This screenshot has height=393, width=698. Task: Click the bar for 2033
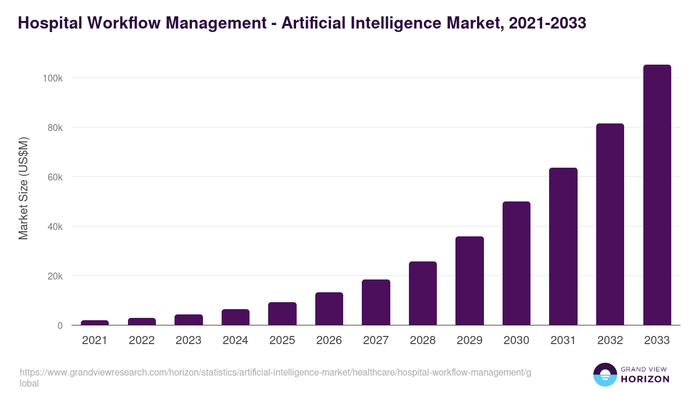(657, 195)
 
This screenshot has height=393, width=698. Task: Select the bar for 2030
(517, 263)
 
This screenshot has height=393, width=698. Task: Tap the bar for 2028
(423, 293)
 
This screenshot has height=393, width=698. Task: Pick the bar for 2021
(95, 323)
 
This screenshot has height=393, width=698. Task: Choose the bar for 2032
(610, 224)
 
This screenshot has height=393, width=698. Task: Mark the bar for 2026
(329, 309)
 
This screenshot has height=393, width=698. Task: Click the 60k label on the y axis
(55, 177)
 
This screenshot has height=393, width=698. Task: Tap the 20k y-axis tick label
(55, 276)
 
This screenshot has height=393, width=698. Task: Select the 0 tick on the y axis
(60, 325)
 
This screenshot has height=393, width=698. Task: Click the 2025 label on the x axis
(282, 341)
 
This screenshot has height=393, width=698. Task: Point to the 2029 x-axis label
(469, 341)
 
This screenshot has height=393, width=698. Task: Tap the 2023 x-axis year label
(188, 341)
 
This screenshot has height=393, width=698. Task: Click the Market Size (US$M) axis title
(23, 189)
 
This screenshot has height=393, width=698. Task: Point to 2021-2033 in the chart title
(546, 23)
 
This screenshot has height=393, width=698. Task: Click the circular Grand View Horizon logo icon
(604, 374)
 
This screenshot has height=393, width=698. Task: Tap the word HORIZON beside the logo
(645, 379)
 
